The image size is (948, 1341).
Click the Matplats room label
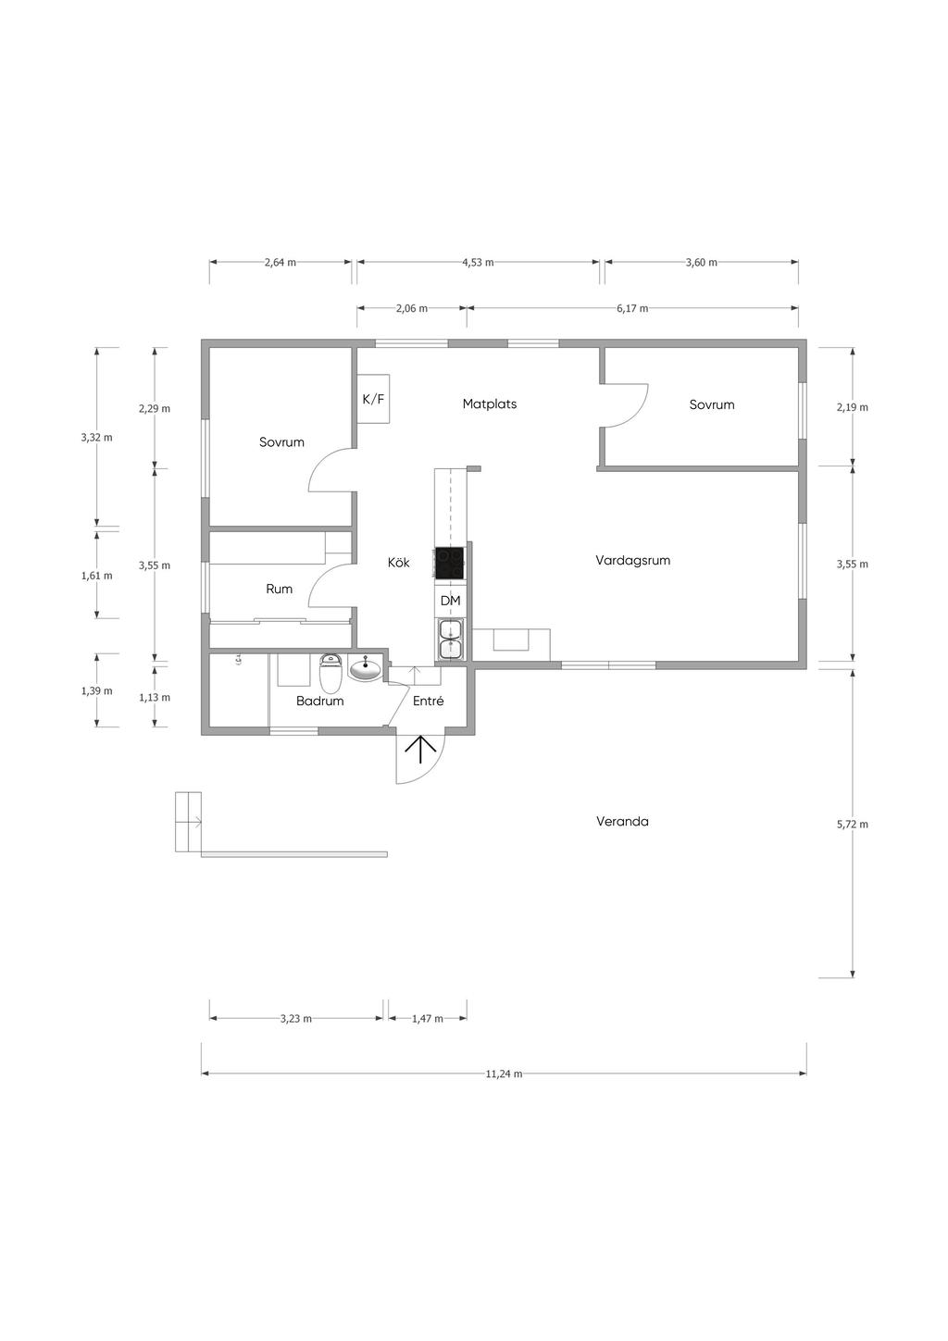point(489,404)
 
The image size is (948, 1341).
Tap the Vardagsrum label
point(632,561)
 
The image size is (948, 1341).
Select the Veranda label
point(622,822)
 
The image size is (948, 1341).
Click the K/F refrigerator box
point(373,399)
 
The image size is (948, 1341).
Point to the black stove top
point(449,564)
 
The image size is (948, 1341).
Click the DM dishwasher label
point(450,601)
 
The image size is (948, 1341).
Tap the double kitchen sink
point(450,640)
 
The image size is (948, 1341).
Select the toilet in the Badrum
point(330,672)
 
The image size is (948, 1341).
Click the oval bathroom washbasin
point(366,668)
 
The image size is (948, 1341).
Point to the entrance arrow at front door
point(420,749)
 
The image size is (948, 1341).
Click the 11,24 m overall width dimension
point(504,1074)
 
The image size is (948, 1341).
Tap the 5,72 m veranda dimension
point(853,825)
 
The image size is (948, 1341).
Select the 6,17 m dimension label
point(632,308)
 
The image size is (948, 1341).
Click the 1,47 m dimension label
point(428,1018)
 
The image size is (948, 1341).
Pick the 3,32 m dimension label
point(96,437)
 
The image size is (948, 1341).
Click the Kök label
point(399,562)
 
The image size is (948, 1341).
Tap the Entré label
point(429,701)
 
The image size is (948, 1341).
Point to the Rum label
point(279,590)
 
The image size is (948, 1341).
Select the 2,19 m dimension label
point(853,407)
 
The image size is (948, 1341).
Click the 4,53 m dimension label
point(478,262)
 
